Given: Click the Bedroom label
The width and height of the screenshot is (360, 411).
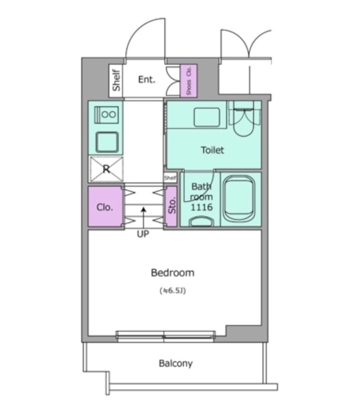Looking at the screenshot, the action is pyautogui.click(x=173, y=273).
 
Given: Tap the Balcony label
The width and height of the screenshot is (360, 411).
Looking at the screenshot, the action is pyautogui.click(x=176, y=364).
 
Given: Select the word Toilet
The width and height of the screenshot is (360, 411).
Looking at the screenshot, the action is pyautogui.click(x=213, y=150).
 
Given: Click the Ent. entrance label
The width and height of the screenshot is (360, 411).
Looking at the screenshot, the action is pyautogui.click(x=147, y=79).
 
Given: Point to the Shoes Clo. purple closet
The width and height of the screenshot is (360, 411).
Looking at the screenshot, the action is pyautogui.click(x=188, y=80).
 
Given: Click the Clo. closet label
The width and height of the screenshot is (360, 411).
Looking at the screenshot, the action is pyautogui.click(x=105, y=207).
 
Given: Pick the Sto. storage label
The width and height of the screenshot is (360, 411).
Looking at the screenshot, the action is pyautogui.click(x=172, y=205).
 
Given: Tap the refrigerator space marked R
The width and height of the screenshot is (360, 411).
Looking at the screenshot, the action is pyautogui.click(x=106, y=169).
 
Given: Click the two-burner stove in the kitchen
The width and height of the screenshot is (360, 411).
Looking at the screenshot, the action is pyautogui.click(x=106, y=114).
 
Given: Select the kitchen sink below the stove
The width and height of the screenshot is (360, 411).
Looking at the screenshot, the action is pyautogui.click(x=107, y=142).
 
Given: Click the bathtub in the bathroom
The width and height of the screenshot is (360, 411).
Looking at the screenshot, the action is pyautogui.click(x=239, y=199).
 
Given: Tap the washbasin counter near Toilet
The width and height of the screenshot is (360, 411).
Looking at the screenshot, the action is pyautogui.click(x=206, y=117).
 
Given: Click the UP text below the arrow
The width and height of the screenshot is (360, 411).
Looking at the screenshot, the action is pyautogui.click(x=143, y=234).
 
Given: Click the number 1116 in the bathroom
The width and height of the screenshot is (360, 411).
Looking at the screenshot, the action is pyautogui.click(x=201, y=207).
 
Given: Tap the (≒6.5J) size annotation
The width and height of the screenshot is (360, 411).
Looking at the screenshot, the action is pyautogui.click(x=173, y=291).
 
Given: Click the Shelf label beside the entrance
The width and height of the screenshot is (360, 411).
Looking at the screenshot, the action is pyautogui.click(x=116, y=80).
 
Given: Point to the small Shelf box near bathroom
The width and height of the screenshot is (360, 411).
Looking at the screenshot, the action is pyautogui.click(x=170, y=178).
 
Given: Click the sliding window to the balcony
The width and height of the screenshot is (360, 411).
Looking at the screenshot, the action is pyautogui.click(x=166, y=336).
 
